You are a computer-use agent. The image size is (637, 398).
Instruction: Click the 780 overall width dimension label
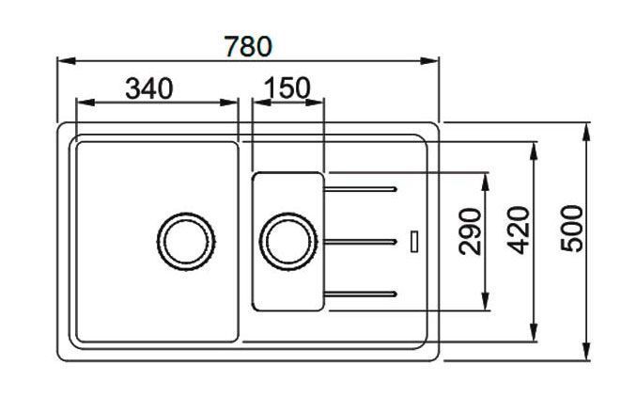coord(248,46)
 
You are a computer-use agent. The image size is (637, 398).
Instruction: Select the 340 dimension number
coord(149,88)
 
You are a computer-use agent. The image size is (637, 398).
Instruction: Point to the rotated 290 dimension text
coord(470,231)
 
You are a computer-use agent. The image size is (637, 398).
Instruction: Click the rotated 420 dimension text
coord(519,231)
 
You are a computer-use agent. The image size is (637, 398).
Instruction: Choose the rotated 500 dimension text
coord(571,229)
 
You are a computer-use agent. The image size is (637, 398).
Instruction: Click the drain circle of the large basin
coord(186,241)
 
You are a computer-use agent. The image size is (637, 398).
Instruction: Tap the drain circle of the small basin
coord(288,241)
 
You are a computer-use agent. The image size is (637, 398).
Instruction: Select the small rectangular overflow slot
coord(414,241)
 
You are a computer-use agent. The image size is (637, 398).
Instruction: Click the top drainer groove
coord(360,189)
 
